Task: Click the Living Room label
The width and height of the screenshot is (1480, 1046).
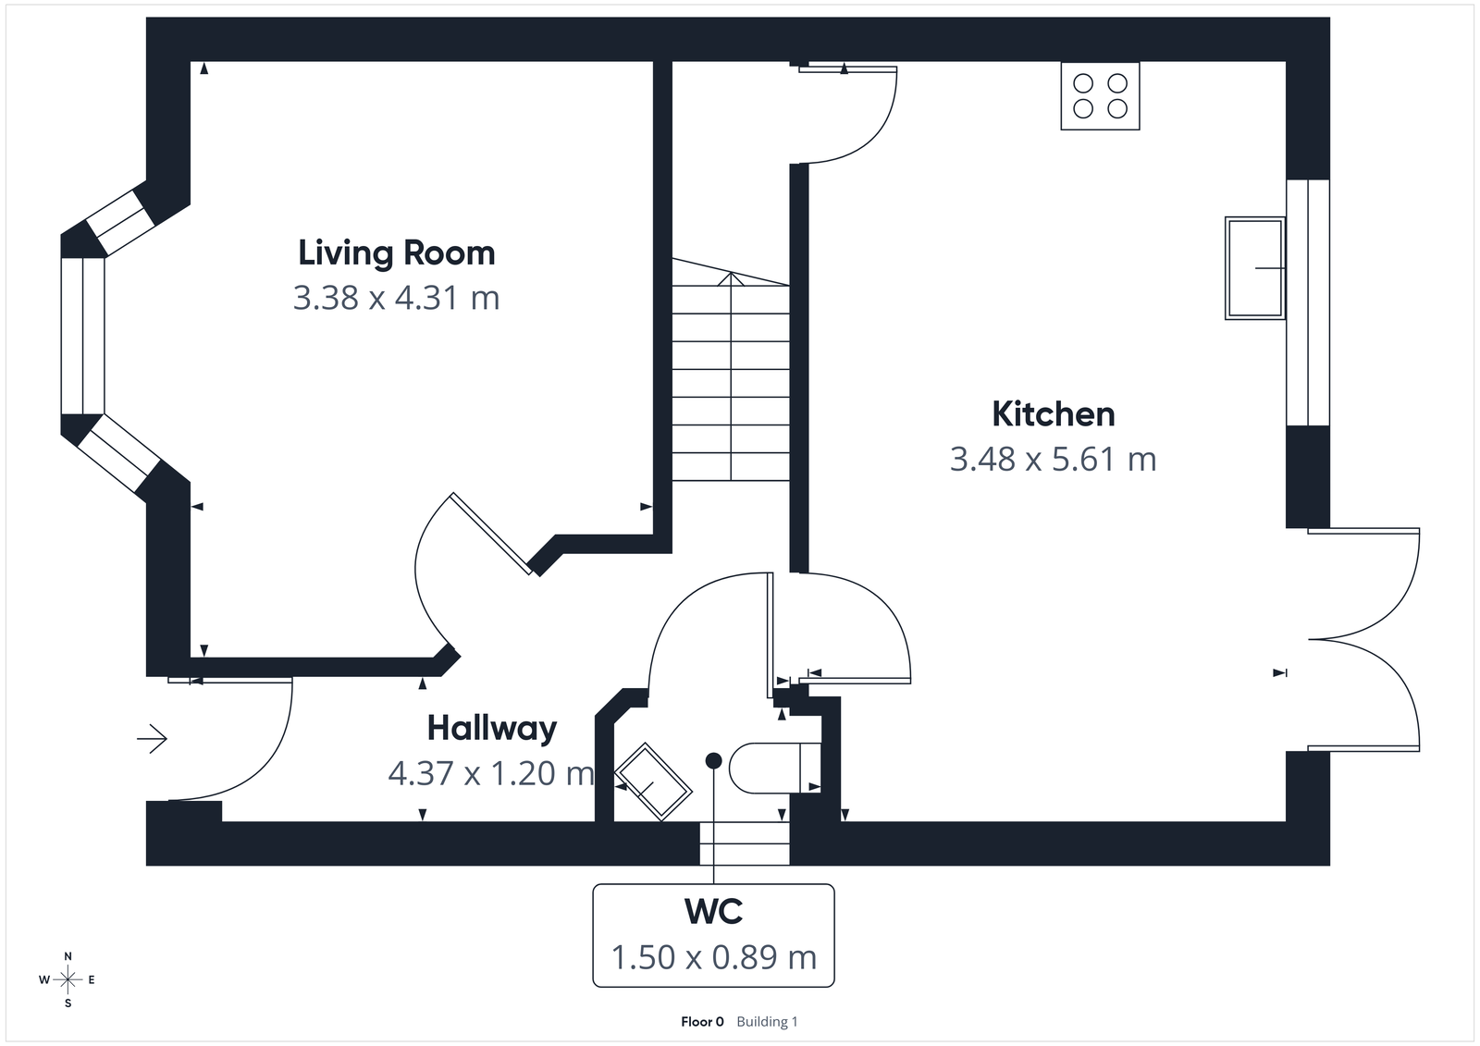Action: click(x=396, y=252)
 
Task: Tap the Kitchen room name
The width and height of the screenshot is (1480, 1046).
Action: click(x=1053, y=413)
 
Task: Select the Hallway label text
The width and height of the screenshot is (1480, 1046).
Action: click(x=491, y=729)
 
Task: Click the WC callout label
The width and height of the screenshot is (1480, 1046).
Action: click(x=713, y=912)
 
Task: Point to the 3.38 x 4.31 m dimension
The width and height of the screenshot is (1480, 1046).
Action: click(x=396, y=298)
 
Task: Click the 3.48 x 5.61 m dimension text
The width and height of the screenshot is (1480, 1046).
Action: click(x=1053, y=459)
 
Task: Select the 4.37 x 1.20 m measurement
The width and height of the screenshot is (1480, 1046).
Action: click(x=491, y=773)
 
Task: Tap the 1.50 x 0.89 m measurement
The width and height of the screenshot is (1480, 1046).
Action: click(x=713, y=957)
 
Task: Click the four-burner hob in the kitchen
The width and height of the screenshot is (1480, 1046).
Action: click(x=1100, y=96)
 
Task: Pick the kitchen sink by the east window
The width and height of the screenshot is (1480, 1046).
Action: click(x=1254, y=267)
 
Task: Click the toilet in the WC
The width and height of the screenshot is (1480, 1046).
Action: click(x=772, y=768)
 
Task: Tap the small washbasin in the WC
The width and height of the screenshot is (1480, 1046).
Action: click(x=653, y=781)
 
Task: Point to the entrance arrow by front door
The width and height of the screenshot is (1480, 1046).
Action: click(x=152, y=738)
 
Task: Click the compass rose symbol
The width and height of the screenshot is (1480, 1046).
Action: click(x=68, y=979)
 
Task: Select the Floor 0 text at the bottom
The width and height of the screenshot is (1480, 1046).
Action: click(x=702, y=1022)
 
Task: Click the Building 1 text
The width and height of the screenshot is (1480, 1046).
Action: click(x=767, y=1022)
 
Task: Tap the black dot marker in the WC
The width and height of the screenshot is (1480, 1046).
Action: click(x=713, y=760)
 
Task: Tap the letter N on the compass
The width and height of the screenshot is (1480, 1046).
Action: click(x=68, y=956)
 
